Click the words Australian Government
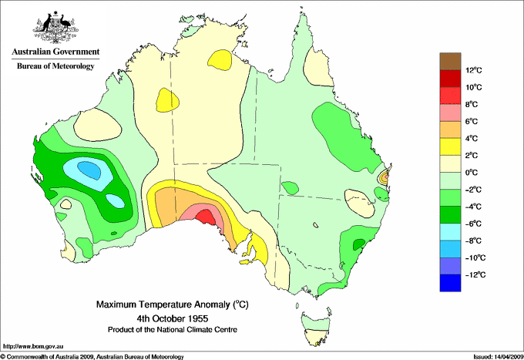point(55,52)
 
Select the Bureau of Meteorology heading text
point(55,66)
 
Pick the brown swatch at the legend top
point(450,61)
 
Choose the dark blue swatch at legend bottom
point(450,283)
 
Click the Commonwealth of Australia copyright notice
point(92,355)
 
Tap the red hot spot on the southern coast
point(206,217)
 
